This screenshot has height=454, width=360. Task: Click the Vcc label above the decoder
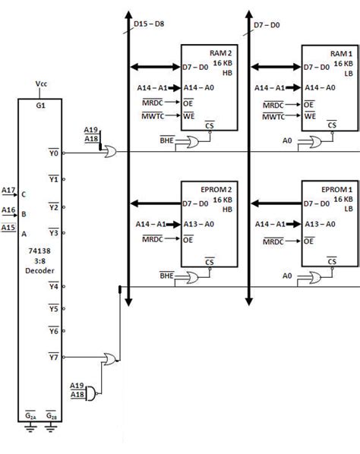(42, 84)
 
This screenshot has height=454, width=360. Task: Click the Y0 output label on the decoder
(54, 153)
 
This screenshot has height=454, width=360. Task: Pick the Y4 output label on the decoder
(54, 287)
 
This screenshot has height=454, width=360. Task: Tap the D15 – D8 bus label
(150, 24)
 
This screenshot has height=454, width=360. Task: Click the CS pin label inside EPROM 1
(331, 260)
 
